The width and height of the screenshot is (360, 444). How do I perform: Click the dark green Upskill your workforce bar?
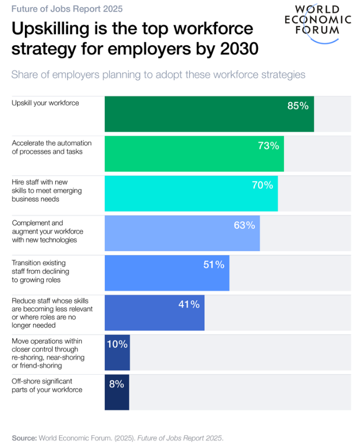(x=209, y=114)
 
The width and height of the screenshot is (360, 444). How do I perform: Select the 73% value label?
(x=268, y=146)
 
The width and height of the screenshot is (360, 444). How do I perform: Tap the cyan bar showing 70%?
(x=191, y=193)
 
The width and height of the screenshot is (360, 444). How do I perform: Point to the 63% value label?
(x=245, y=225)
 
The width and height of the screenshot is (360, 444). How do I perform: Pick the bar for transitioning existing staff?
(x=167, y=273)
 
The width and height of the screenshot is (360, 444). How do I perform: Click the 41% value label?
(x=189, y=304)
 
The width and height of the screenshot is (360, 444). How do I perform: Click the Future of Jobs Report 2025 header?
(x=67, y=9)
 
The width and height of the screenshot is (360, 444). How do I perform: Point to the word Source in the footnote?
(x=24, y=437)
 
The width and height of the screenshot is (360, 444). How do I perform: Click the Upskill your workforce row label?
(x=45, y=103)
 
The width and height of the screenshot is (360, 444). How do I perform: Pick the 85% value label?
(x=298, y=106)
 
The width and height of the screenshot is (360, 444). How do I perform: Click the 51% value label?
(x=214, y=264)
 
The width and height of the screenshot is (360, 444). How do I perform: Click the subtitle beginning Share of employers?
(x=158, y=75)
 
